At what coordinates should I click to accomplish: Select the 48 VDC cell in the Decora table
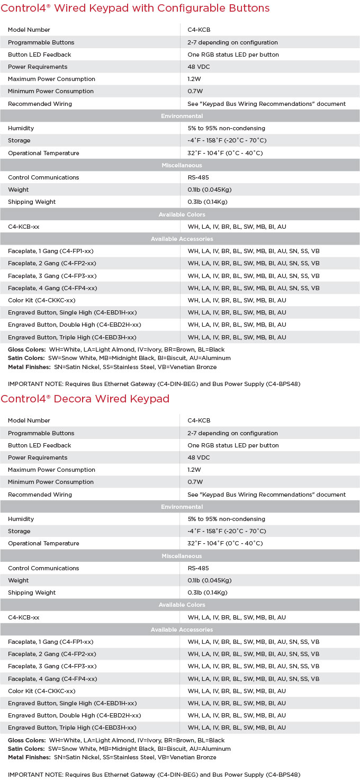click(200, 457)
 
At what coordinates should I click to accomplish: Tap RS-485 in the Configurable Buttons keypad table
click(199, 177)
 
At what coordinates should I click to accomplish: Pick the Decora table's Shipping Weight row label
click(32, 593)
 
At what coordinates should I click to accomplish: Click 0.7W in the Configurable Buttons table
click(195, 91)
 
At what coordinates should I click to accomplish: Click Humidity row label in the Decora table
click(21, 519)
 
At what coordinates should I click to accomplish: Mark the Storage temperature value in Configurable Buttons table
click(227, 140)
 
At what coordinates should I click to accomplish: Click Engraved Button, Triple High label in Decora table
click(72, 728)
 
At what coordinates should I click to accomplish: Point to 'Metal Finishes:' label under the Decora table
click(29, 758)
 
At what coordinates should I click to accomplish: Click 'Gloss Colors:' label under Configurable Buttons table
click(26, 349)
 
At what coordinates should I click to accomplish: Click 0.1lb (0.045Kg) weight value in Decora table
click(210, 580)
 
